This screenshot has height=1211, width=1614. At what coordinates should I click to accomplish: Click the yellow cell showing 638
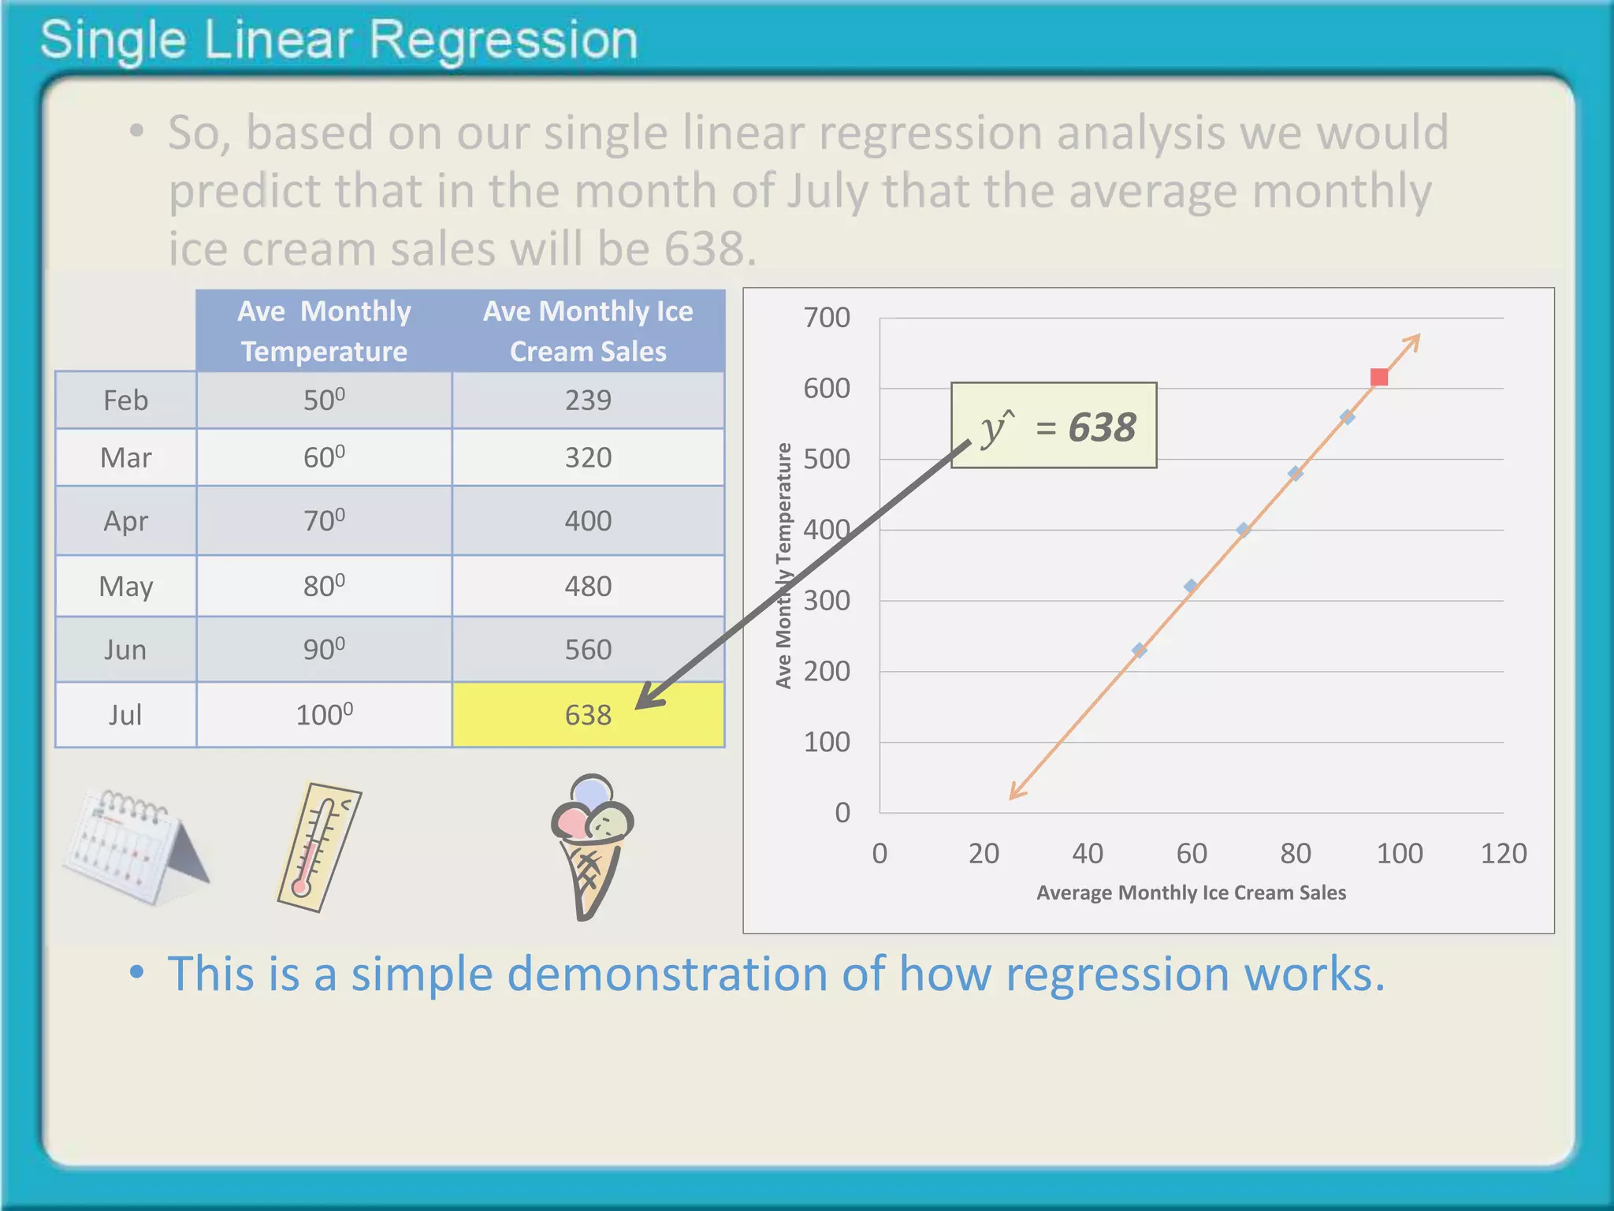coord(588,714)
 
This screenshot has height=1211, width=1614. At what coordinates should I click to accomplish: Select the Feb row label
coord(125,400)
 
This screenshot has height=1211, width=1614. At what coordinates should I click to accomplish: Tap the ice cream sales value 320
coord(588,457)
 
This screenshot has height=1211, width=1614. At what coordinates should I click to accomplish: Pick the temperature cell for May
coord(324,586)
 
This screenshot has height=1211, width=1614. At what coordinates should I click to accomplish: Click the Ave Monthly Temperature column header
coord(324,330)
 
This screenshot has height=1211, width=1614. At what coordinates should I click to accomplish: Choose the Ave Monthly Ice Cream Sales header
coord(588,330)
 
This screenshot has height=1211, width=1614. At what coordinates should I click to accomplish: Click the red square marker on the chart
coord(1378,378)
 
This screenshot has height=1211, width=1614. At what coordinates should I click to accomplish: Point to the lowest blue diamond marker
coord(1139,650)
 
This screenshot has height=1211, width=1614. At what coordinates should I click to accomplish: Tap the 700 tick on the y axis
coord(826,318)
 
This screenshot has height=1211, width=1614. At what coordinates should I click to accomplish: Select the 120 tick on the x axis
coord(1503,853)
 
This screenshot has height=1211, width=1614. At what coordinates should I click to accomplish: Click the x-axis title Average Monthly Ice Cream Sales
coord(1191,892)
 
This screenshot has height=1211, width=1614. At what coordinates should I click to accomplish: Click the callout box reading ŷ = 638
coord(1054,426)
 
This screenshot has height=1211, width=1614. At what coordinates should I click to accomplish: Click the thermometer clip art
coord(318,847)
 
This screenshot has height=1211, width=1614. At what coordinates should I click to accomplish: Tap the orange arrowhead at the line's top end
coord(1415,340)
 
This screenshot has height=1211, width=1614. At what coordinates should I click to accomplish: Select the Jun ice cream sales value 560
coord(588,650)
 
